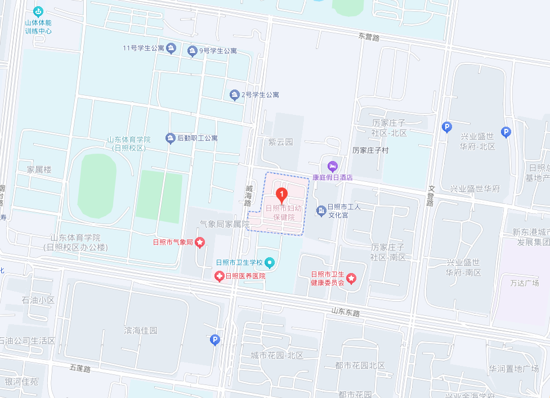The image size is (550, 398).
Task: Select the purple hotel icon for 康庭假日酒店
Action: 332,166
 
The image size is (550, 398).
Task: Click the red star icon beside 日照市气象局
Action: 200,242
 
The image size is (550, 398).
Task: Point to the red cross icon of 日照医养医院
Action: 219,276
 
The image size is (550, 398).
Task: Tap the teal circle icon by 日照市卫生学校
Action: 270,262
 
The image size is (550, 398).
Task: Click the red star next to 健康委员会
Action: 351,278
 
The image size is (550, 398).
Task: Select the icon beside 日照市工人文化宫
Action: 321,211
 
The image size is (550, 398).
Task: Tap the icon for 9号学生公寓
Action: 193,51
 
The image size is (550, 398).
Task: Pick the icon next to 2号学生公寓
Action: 235,95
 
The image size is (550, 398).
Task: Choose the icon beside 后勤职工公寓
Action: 170,137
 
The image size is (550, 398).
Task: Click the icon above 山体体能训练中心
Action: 38,11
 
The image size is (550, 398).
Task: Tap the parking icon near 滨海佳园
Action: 214,339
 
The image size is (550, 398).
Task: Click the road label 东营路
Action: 369,36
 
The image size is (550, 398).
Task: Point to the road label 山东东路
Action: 345,311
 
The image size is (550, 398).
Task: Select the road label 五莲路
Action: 80,368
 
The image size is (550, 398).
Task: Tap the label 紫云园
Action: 280,142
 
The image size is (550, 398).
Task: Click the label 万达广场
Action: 524,283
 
